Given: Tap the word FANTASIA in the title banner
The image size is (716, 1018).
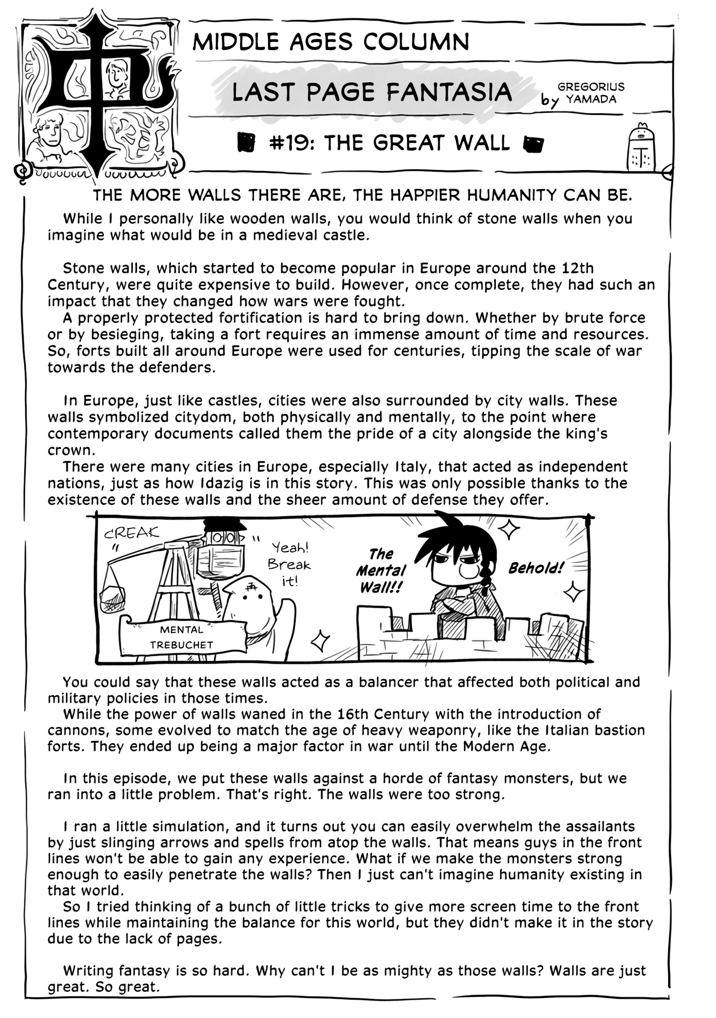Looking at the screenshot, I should (x=449, y=92).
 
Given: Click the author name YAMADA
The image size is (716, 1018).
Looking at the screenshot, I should (x=591, y=99).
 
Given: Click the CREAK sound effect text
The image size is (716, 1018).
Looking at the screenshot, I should (x=131, y=533).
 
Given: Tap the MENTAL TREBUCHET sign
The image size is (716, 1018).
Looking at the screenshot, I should (x=181, y=637).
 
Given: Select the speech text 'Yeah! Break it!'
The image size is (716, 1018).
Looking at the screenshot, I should (x=289, y=564).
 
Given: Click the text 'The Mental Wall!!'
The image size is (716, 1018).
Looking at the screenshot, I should (x=381, y=571).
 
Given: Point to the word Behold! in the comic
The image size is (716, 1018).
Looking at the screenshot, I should (x=536, y=568).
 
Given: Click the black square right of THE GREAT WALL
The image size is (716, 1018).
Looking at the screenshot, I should (x=533, y=144).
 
